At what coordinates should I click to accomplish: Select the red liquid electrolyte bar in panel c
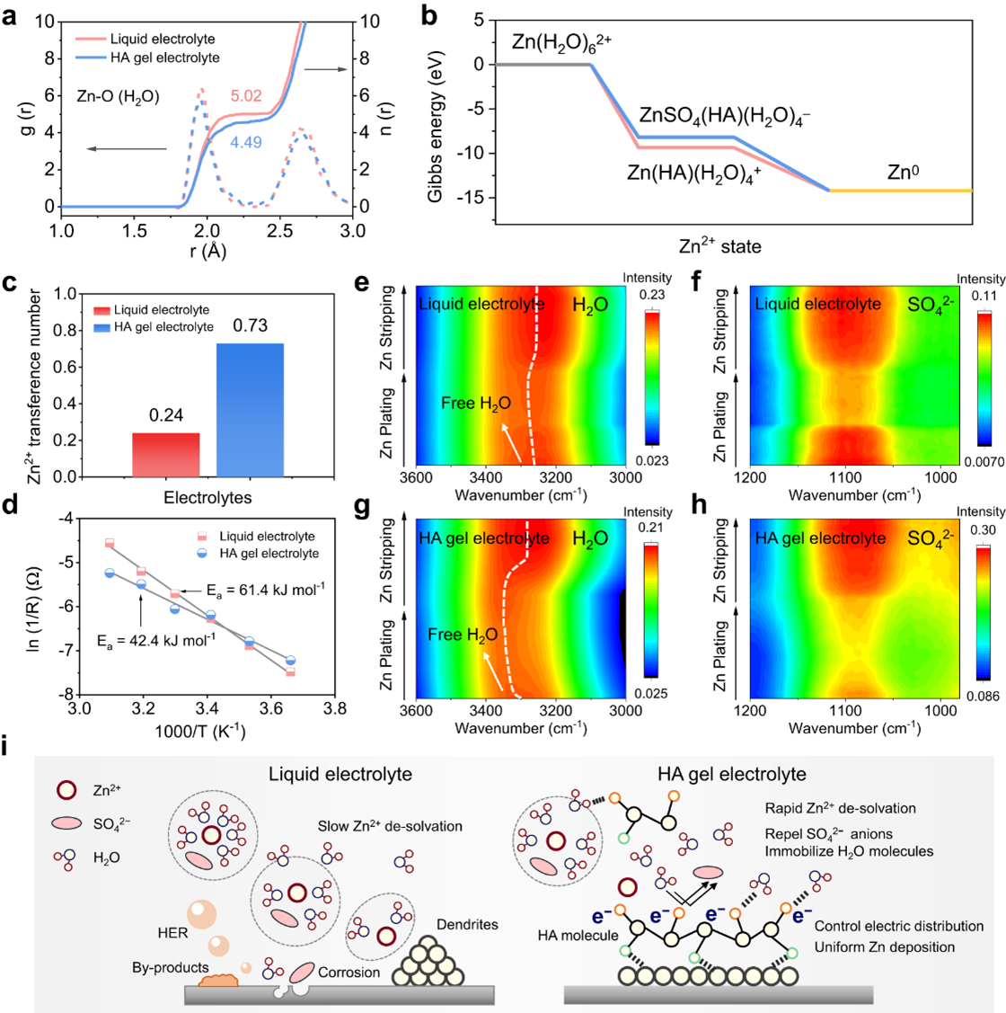click(167, 454)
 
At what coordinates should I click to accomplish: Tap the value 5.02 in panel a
click(246, 95)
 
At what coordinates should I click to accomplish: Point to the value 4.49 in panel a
click(246, 141)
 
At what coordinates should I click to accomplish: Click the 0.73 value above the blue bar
click(251, 325)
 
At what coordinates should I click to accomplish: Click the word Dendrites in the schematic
click(467, 924)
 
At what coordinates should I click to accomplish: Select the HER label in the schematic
click(172, 933)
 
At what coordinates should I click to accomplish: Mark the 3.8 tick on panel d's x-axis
click(335, 710)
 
